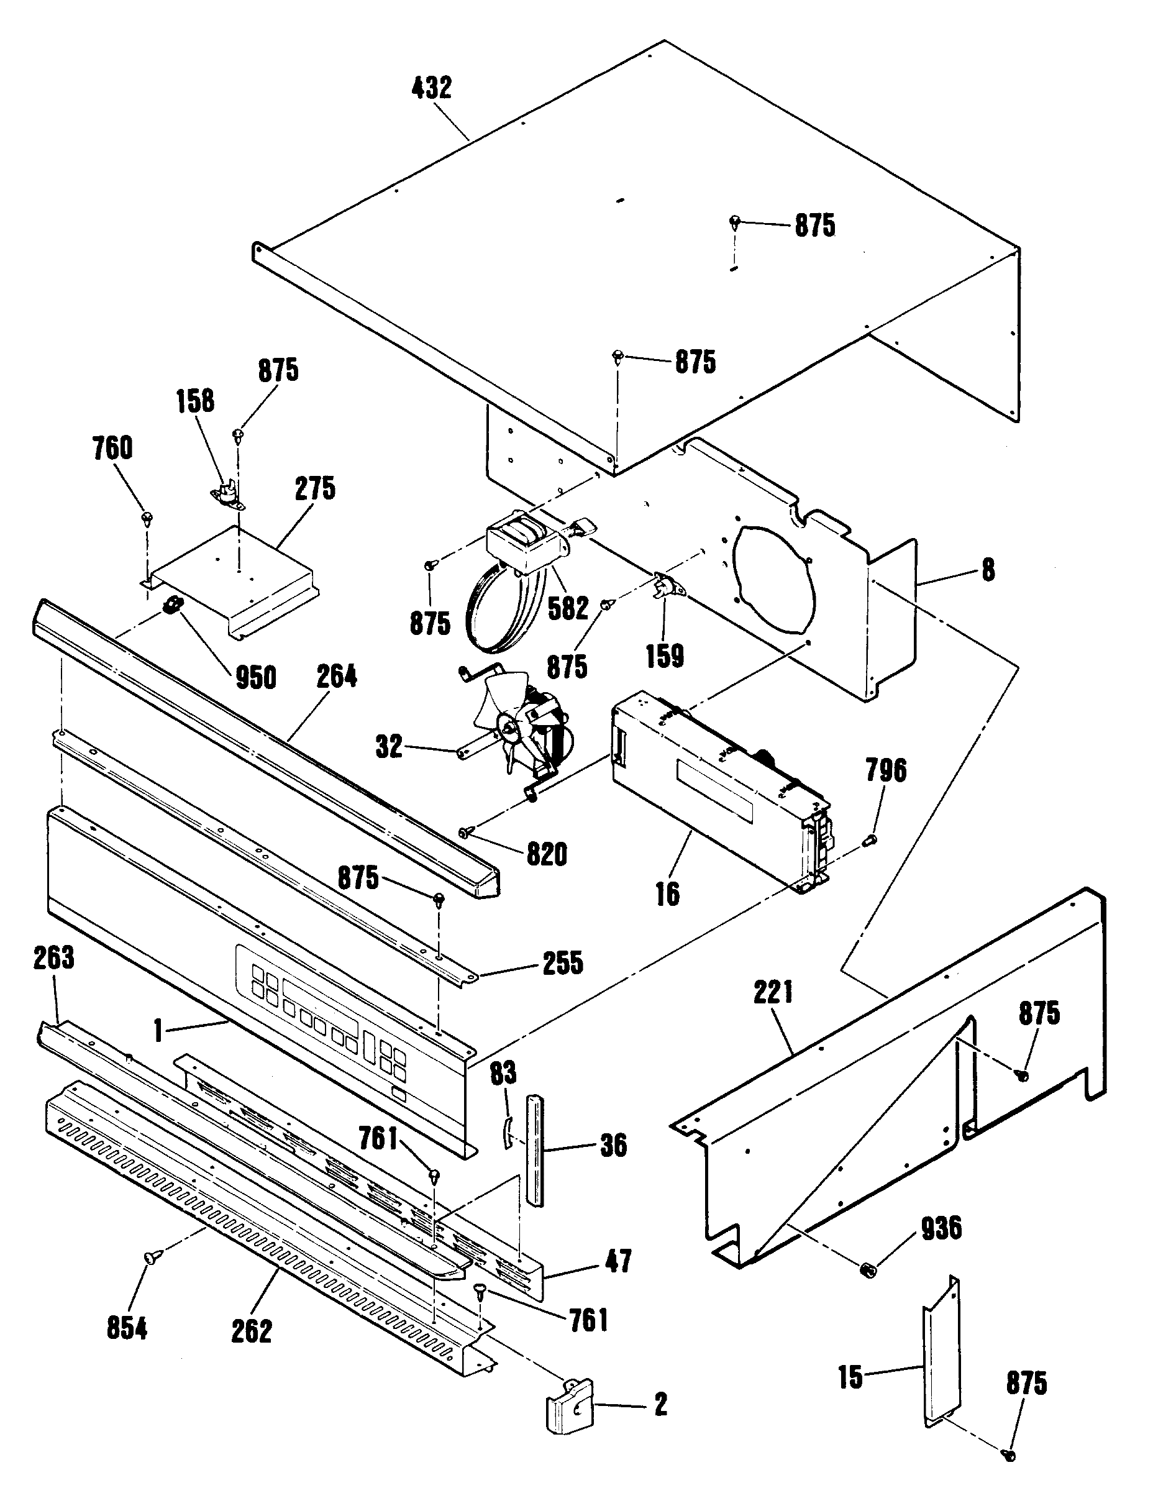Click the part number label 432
tap(432, 88)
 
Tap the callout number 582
tap(568, 608)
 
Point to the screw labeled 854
tap(149, 1256)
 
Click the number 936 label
tap(941, 1228)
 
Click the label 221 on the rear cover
tap(773, 993)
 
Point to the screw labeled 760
tap(147, 518)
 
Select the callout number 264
tap(336, 677)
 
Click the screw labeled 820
tap(466, 833)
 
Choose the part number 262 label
tap(251, 1332)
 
